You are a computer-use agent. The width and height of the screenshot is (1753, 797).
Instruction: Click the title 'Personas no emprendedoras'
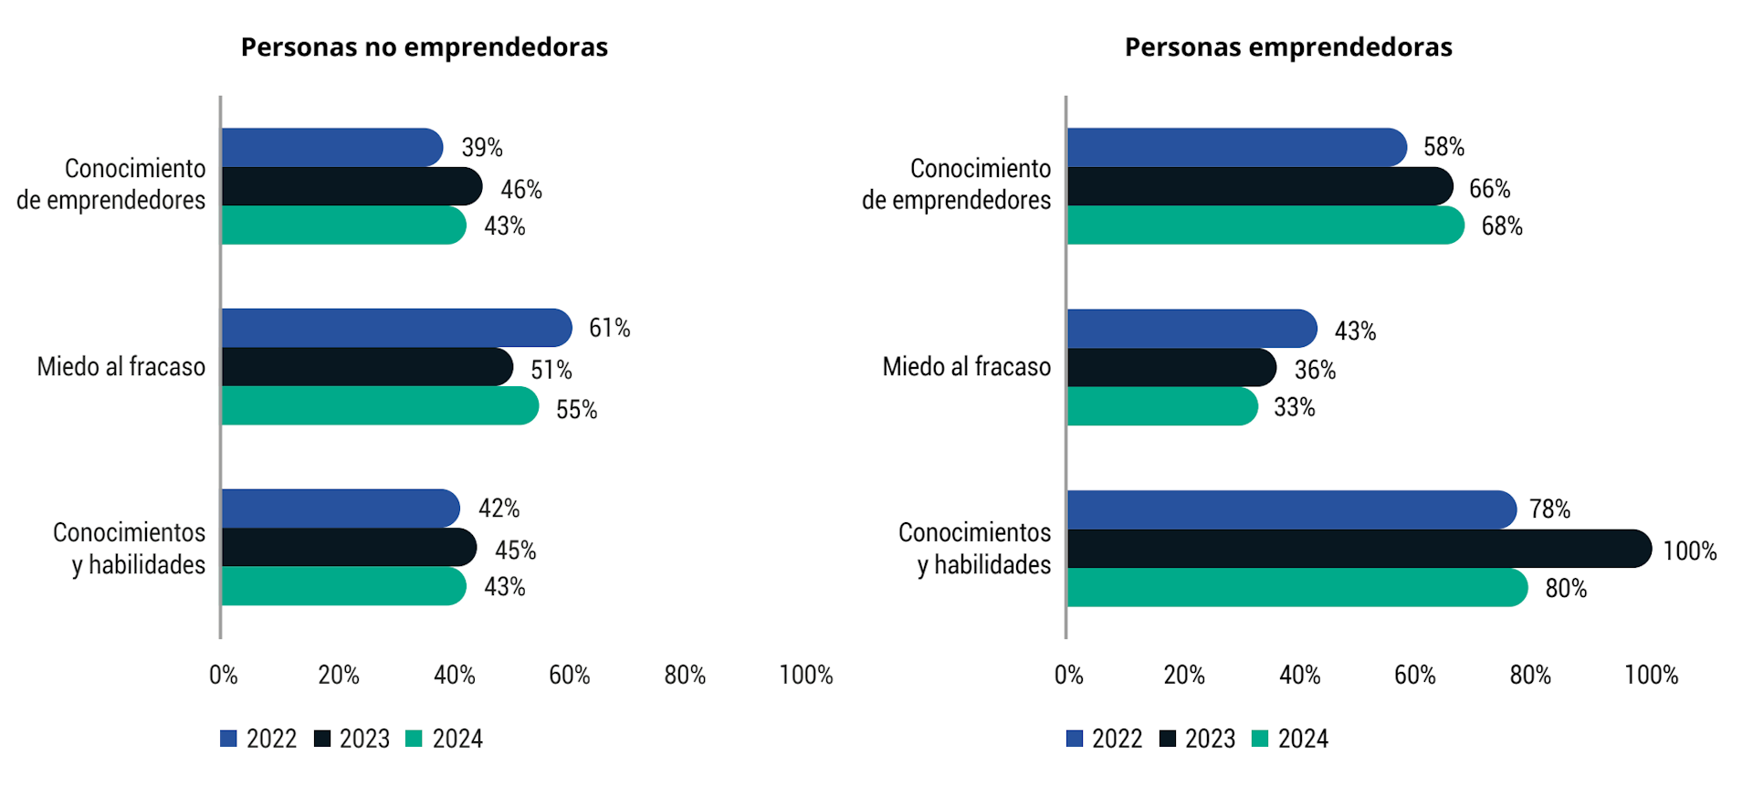point(424,47)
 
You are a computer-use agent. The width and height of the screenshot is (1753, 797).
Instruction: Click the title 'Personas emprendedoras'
point(1287,47)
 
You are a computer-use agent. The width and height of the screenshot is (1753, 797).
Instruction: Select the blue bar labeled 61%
point(396,328)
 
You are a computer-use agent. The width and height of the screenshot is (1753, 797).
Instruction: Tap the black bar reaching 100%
point(1359,549)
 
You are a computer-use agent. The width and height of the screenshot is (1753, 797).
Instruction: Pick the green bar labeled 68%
point(1265,225)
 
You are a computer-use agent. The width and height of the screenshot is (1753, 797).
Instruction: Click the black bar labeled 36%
point(1171,368)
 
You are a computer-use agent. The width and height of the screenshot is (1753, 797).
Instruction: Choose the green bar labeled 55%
point(380,406)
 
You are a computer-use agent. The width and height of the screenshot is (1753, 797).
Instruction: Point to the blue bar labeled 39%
point(331,148)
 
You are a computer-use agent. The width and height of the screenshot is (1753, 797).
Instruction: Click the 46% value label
point(521,190)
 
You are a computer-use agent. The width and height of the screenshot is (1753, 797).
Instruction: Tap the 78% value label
point(1549,509)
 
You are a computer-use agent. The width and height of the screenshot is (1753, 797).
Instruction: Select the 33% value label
point(1294,407)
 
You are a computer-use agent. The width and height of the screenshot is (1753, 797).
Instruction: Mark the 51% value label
point(551,370)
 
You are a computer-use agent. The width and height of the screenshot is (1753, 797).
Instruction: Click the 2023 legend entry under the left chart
point(352,739)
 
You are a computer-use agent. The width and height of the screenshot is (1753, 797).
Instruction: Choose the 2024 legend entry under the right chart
point(1290,739)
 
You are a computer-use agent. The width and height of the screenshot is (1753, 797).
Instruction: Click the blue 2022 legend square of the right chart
point(1075,739)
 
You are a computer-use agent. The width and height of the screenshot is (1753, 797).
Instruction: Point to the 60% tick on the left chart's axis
point(569,675)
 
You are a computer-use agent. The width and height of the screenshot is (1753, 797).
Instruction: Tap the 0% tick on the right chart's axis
point(1068,675)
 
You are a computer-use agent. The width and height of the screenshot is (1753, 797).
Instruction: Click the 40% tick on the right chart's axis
point(1299,675)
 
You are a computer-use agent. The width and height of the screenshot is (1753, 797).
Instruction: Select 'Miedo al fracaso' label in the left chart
point(121,367)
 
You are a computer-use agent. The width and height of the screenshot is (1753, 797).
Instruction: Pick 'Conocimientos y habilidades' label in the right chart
point(974,549)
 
